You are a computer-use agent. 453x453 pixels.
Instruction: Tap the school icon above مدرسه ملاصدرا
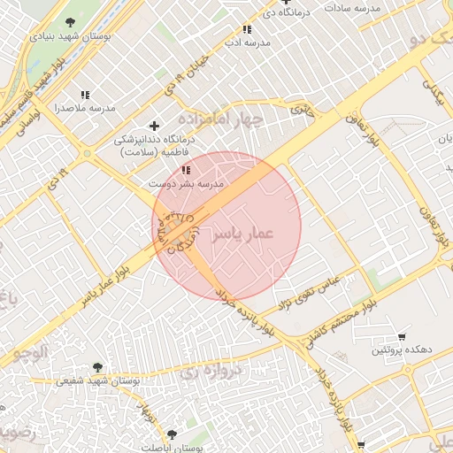click(x=86, y=95)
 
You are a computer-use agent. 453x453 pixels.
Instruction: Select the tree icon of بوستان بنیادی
click(x=70, y=22)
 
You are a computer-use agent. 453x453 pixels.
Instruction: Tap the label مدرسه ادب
click(x=247, y=42)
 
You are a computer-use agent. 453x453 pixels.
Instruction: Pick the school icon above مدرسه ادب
click(x=247, y=29)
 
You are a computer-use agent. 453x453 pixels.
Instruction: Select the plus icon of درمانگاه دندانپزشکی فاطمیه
click(x=156, y=126)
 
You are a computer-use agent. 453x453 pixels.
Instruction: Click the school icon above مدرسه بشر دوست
click(x=185, y=169)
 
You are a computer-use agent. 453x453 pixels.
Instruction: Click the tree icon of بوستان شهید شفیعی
click(x=97, y=367)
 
